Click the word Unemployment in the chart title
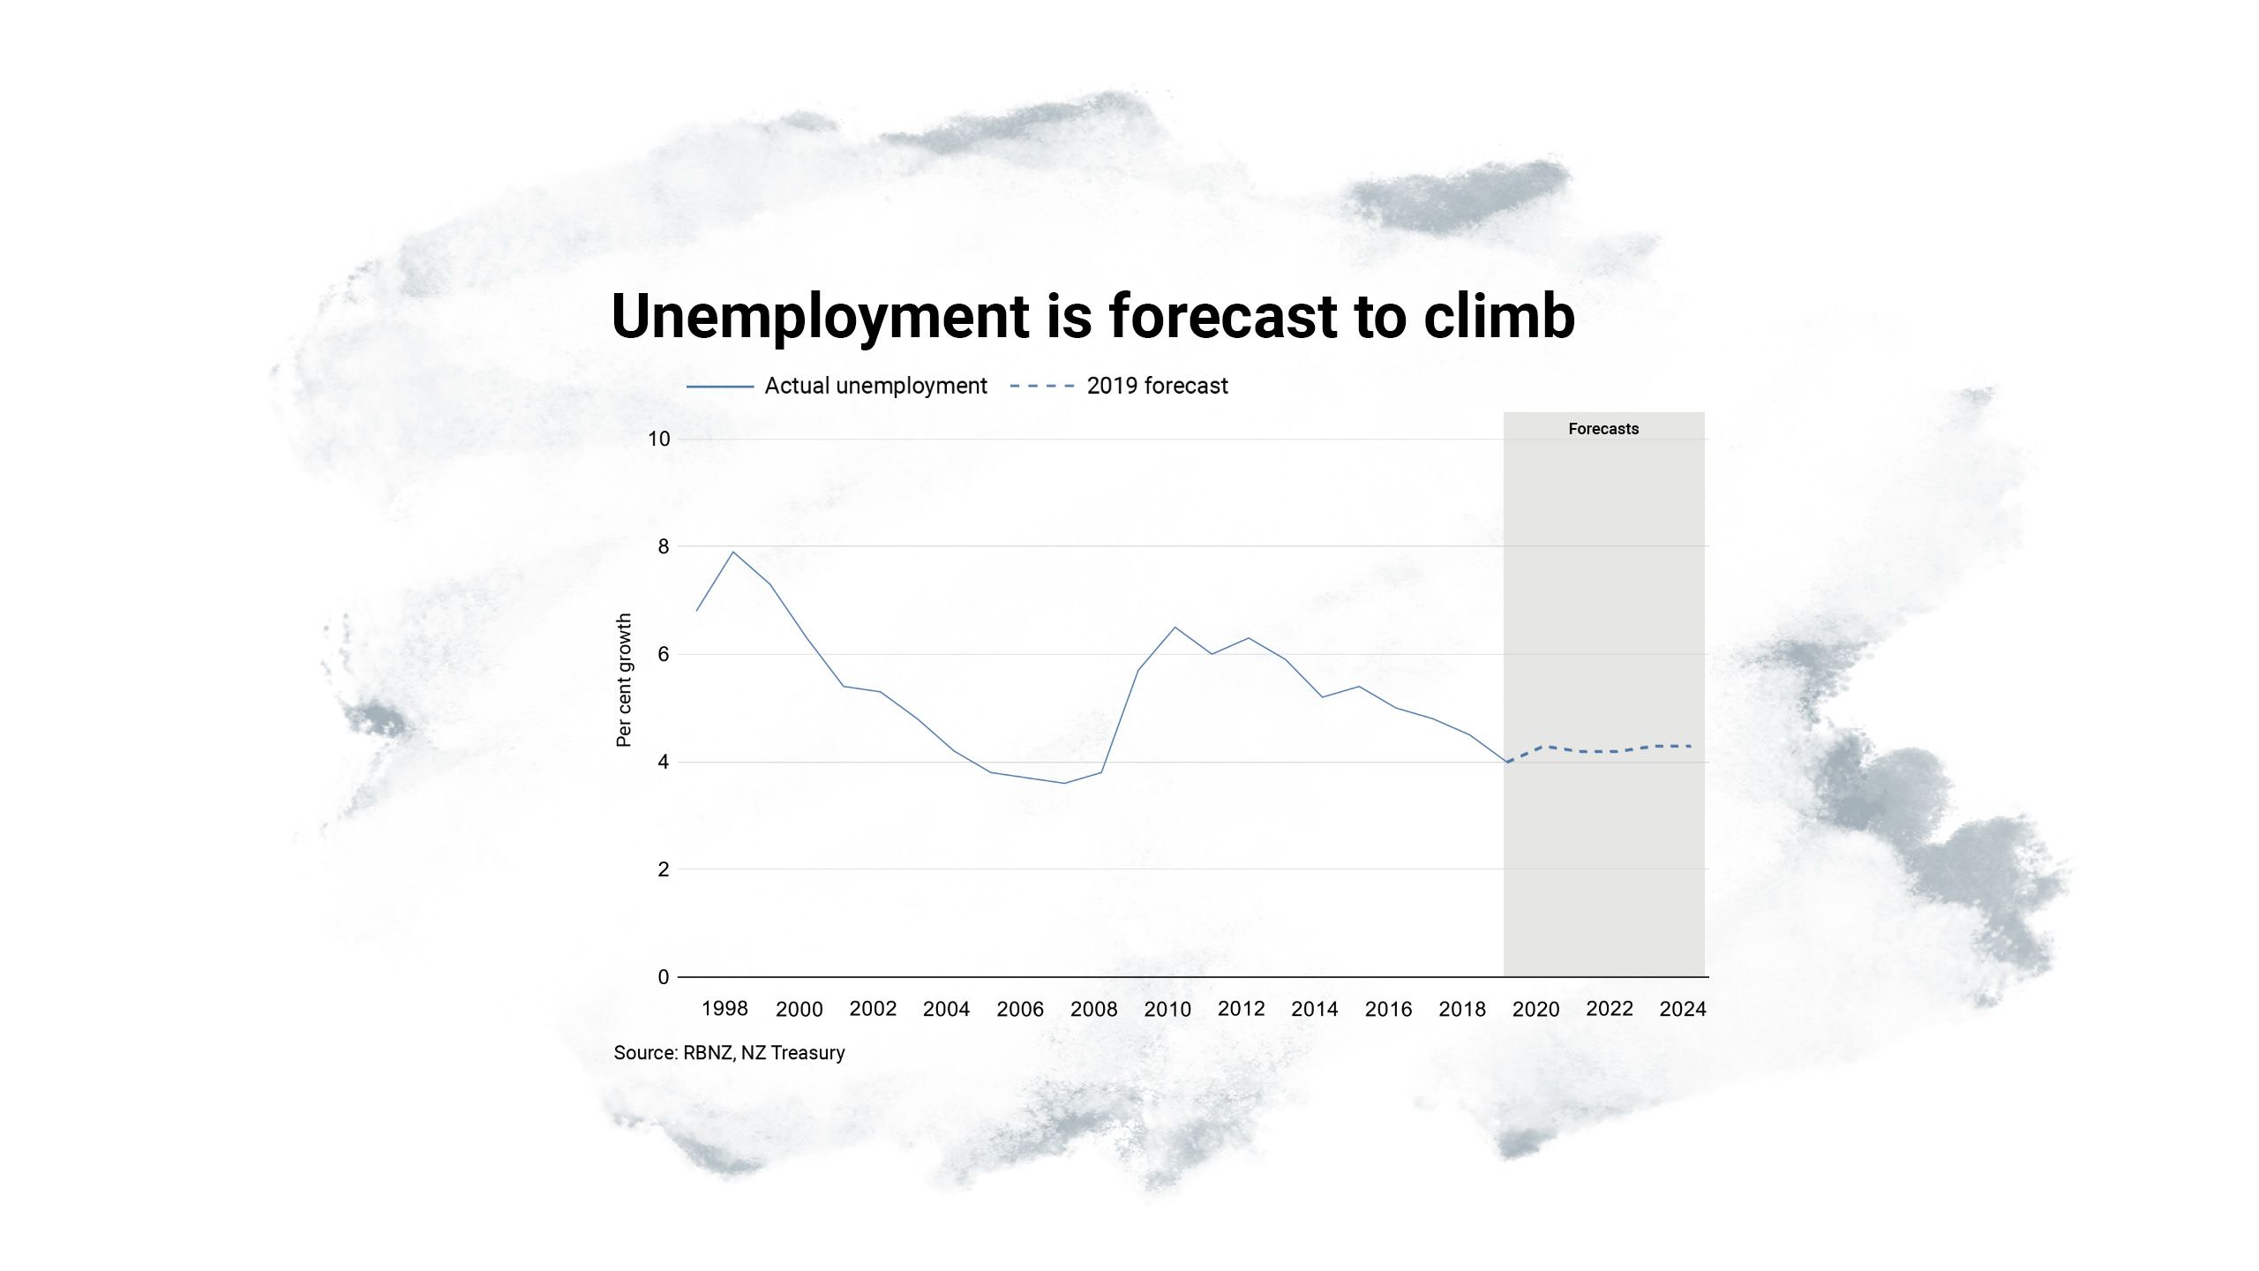click(820, 317)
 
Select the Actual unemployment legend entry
click(874, 386)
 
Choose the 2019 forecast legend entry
click(1156, 386)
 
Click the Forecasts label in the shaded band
click(1603, 429)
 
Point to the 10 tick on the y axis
click(659, 439)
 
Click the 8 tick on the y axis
click(664, 546)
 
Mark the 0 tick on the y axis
click(664, 977)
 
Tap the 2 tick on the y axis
click(664, 869)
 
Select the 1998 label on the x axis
click(724, 1009)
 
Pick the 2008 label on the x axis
click(1093, 1009)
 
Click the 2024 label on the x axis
click(1683, 1009)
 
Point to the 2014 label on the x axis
click(1314, 1009)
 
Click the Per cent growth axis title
click(624, 680)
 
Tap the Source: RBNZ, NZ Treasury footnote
click(729, 1053)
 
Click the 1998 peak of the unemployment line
click(733, 552)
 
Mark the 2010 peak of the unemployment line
click(1175, 628)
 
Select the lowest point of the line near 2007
click(1064, 783)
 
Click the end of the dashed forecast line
click(1691, 747)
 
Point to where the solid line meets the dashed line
click(1507, 762)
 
